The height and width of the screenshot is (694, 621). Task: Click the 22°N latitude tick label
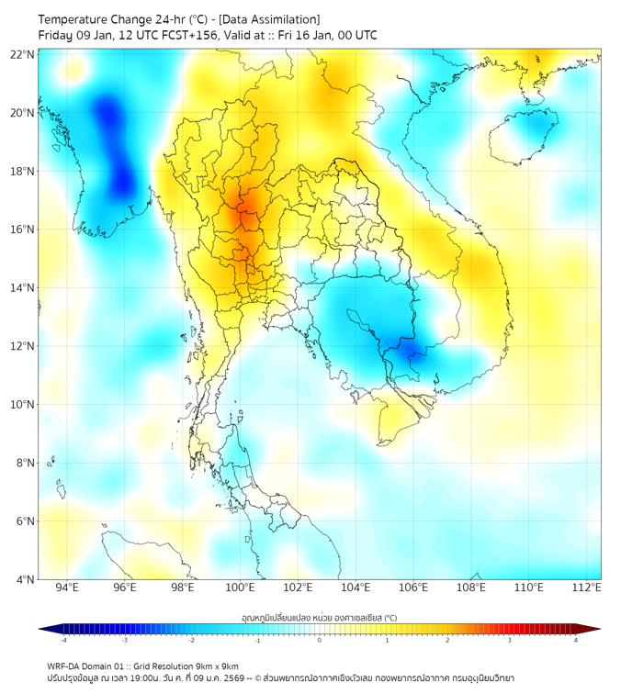pos(23,54)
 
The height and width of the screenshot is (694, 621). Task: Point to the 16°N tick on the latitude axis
pos(23,229)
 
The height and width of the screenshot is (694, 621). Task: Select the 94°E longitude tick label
pos(67,588)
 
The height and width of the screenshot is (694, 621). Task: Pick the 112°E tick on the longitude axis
pos(587,588)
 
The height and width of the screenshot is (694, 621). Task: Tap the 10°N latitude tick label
pos(23,405)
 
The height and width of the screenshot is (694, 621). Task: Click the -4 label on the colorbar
pos(63,640)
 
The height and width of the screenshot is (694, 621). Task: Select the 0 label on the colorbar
pos(320,640)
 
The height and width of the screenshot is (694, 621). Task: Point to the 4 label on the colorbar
pos(575,640)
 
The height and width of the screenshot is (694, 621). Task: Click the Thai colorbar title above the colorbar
pos(319,617)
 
